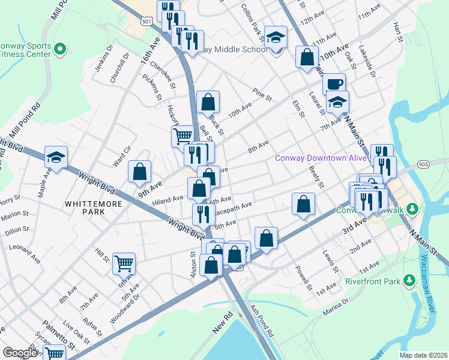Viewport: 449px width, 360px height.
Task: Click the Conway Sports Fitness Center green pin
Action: tap(59, 49)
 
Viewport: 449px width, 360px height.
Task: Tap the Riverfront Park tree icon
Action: tap(410, 280)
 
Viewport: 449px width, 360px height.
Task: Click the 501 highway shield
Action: tap(147, 21)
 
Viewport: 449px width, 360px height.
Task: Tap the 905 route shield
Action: tap(424, 163)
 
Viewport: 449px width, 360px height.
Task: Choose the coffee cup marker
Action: tap(334, 84)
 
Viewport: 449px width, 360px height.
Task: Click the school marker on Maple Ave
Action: tap(56, 158)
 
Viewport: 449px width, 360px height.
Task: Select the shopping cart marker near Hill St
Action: tap(124, 263)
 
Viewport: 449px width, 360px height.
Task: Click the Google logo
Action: tap(20, 353)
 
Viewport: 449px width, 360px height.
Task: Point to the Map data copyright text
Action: tap(423, 355)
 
